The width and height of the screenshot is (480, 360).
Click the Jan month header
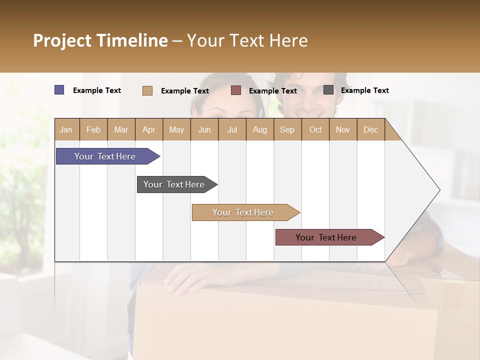tap(66, 129)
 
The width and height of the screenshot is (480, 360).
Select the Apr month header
tap(148, 129)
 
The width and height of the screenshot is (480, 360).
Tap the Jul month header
tap(232, 129)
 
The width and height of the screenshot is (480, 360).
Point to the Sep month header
tap(287, 129)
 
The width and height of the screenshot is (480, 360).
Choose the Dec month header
tap(370, 129)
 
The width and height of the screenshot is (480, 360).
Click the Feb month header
tap(93, 129)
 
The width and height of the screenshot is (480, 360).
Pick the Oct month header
tap(315, 129)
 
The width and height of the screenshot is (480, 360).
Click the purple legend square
tap(59, 90)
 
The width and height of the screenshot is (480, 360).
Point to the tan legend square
tap(147, 90)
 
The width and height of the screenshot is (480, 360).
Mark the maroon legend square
tap(236, 90)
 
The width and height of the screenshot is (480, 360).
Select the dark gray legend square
tap(328, 90)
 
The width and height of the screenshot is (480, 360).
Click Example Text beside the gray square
tap(364, 90)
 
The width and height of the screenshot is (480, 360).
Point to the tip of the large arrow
tap(439, 190)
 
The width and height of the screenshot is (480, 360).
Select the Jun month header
tap(204, 129)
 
